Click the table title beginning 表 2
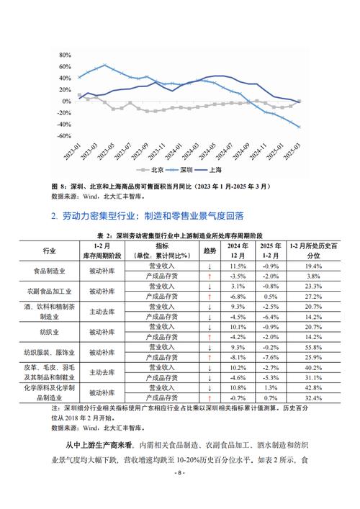click(180, 236)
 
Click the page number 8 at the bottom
click(180, 493)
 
